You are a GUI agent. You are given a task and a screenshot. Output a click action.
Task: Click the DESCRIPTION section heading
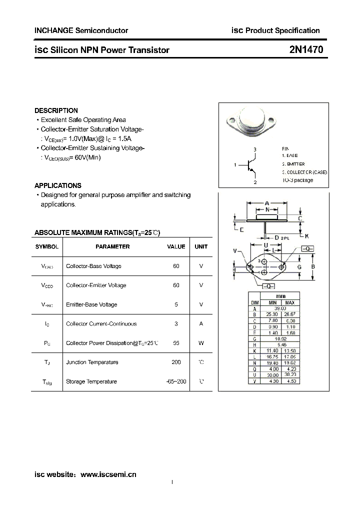pos(56,110)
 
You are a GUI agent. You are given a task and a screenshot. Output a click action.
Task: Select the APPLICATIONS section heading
pos(58,185)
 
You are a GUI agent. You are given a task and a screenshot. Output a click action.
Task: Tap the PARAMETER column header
pos(112,246)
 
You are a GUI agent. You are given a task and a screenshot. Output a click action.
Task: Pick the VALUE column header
pos(176,246)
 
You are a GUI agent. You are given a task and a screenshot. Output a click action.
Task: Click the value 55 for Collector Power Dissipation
pos(176,343)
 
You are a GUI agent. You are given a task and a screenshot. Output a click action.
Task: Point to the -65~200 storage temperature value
pos(176,381)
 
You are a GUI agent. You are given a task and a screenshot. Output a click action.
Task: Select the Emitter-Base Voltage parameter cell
pos(91,304)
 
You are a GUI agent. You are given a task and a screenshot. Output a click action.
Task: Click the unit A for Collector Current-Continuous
pos(201,323)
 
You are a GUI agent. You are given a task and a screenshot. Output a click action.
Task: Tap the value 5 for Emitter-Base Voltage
pos(176,304)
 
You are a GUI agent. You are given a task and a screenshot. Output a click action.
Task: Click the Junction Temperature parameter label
pos(92,362)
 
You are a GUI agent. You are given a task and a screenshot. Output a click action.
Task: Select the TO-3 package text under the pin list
pos(297,180)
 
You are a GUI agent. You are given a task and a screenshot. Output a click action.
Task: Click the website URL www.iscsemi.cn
pos(108,474)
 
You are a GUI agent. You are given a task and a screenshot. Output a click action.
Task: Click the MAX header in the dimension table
pos(290,302)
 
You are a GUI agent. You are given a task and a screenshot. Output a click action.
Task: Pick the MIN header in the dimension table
pos(272,302)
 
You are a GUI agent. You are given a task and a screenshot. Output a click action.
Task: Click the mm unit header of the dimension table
pos(281,296)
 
